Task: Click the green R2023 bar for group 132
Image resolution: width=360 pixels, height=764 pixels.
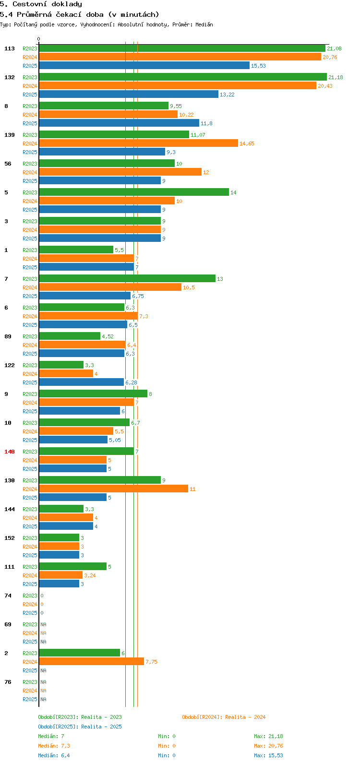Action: point(182,77)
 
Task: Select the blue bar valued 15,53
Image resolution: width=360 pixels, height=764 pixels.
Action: point(144,65)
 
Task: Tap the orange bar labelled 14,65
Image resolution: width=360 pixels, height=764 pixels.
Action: point(138,143)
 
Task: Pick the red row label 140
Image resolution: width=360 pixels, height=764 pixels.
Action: point(10,452)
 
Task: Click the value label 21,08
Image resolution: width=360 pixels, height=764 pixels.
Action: point(334,48)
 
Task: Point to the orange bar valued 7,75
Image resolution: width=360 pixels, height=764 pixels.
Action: point(91,661)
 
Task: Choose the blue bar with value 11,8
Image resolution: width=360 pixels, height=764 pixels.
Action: point(119,123)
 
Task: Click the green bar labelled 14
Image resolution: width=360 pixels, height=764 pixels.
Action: point(134,192)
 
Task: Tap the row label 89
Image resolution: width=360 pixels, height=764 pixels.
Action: point(8,336)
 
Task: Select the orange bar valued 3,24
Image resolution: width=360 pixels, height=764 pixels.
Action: point(61,575)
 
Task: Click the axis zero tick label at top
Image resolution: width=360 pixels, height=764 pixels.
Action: point(39,39)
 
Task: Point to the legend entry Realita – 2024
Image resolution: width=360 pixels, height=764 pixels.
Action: point(224,717)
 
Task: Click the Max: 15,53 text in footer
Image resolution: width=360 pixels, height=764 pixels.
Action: point(268,755)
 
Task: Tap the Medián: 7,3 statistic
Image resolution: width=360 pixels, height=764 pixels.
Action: point(54,746)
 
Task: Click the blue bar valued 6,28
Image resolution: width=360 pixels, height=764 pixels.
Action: point(82,382)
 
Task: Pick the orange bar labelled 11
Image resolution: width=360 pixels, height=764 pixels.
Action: point(113,489)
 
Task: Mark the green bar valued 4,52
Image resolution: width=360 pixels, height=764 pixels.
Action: point(70,336)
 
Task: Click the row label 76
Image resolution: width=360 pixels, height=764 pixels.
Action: point(8,682)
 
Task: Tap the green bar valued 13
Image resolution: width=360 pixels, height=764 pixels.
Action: point(127,278)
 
